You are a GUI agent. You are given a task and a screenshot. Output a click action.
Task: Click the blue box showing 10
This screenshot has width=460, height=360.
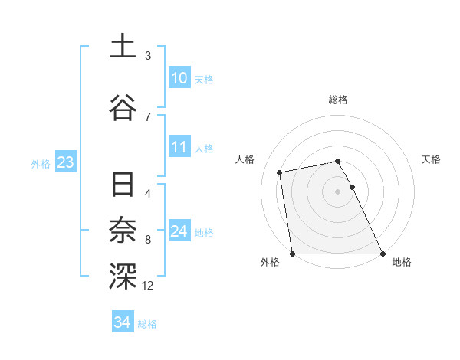click(x=179, y=78)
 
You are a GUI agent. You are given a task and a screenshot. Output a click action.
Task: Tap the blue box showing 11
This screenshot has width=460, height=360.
click(x=179, y=147)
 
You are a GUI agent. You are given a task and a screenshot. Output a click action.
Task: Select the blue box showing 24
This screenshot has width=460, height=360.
click(x=179, y=231)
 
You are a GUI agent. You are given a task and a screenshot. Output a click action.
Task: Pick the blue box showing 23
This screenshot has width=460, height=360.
click(x=65, y=162)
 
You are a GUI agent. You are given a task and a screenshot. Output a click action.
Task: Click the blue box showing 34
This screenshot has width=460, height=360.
click(x=122, y=322)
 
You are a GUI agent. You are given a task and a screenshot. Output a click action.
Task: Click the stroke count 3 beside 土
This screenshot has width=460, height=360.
click(x=148, y=56)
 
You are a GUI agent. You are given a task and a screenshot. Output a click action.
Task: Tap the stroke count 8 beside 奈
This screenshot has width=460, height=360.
click(x=148, y=240)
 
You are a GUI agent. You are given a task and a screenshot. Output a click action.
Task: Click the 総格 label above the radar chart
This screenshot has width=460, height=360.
click(x=338, y=100)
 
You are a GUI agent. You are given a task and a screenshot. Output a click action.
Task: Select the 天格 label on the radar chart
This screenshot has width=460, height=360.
click(x=431, y=159)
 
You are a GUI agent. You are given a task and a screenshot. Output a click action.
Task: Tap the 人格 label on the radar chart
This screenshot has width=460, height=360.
click(x=245, y=159)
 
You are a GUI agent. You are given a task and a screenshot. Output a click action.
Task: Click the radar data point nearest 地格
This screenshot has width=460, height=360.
click(x=382, y=253)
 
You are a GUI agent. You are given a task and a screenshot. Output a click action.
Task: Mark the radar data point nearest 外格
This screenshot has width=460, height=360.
click(x=292, y=253)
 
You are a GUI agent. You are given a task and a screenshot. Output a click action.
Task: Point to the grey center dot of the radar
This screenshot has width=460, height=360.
click(x=337, y=191)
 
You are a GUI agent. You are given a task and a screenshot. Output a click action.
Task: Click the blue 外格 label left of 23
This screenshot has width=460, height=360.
click(x=41, y=163)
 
